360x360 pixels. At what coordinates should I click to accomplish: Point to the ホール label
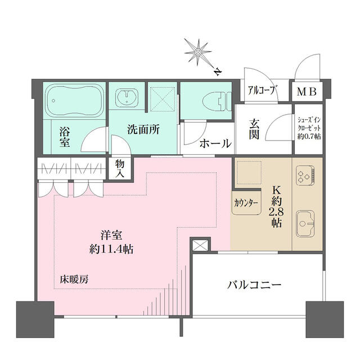tap(215, 143)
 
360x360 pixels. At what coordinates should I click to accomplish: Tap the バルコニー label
tap(254, 286)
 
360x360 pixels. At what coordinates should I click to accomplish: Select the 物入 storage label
tap(120, 167)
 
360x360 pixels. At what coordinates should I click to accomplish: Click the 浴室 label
tap(65, 137)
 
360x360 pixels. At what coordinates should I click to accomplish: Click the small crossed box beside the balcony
tap(200, 245)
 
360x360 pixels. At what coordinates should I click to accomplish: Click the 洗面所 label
tap(143, 129)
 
